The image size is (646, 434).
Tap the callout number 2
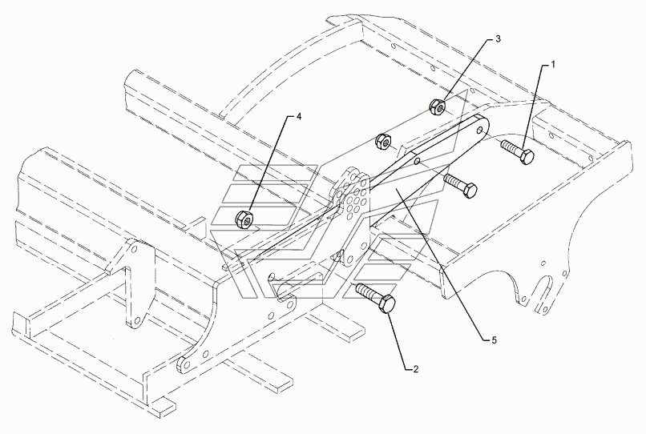pos(414,369)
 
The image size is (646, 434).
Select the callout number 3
pos(498,38)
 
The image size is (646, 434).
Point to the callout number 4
pos(299,117)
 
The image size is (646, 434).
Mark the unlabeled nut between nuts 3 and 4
pos(383,142)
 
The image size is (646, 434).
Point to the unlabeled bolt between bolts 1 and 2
pos(460,185)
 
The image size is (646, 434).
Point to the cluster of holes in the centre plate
pos(353,196)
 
